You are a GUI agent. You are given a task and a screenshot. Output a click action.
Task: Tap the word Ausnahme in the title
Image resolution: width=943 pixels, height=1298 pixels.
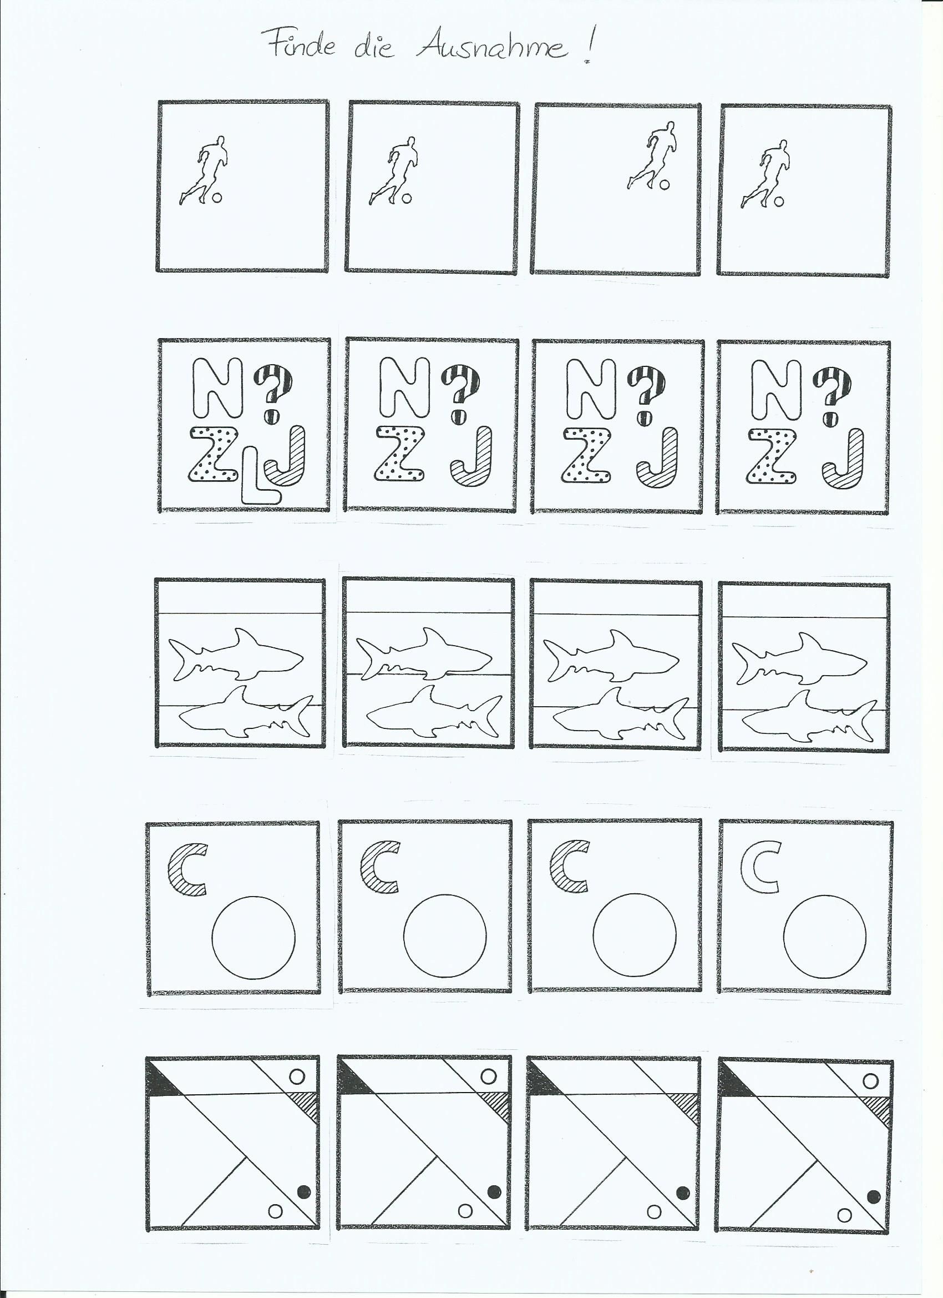[493, 46]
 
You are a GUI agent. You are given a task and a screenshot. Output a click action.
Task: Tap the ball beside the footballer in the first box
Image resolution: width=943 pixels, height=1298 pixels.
[216, 198]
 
